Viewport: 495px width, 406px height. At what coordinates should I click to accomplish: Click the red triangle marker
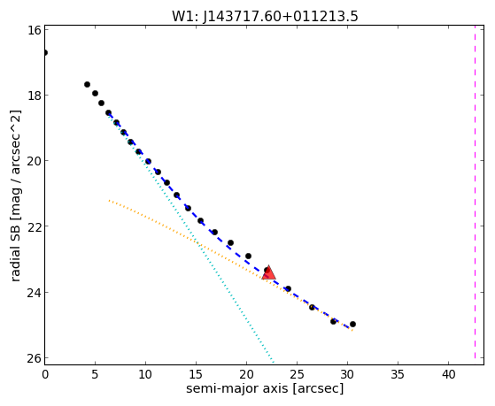(x=268, y=272)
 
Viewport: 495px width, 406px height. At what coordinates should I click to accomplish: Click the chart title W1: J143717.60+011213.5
(x=265, y=17)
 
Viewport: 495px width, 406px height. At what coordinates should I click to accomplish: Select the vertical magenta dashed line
(x=475, y=192)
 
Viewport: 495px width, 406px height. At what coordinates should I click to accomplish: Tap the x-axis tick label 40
(x=448, y=374)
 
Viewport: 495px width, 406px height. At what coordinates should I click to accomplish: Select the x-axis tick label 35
(x=398, y=374)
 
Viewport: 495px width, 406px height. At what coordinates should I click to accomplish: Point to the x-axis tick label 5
(x=95, y=374)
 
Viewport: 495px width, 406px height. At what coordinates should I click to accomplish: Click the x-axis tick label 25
(x=297, y=374)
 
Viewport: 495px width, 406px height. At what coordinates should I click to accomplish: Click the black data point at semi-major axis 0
(x=45, y=52)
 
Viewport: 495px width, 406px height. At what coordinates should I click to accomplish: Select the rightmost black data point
(x=352, y=324)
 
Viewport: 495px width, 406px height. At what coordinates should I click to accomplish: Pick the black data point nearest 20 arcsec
(x=248, y=256)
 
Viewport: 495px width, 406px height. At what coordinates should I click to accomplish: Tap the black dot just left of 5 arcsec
(x=87, y=84)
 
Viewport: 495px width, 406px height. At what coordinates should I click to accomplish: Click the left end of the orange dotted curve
(x=109, y=200)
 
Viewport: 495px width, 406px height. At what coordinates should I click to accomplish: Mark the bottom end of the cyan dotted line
(x=274, y=362)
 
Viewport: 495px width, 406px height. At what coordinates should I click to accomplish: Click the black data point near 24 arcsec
(x=288, y=288)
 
